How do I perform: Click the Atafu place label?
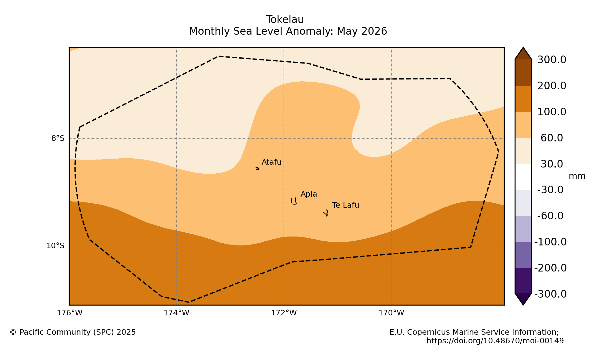pyautogui.click(x=271, y=162)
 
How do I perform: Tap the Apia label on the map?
pyautogui.click(x=309, y=194)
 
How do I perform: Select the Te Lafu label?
pyautogui.click(x=345, y=205)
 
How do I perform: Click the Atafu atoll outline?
pyautogui.click(x=257, y=168)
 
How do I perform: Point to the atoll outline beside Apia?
pyautogui.click(x=294, y=202)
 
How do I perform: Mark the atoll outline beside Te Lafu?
pyautogui.click(x=326, y=213)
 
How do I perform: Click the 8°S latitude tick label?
pyautogui.click(x=58, y=139)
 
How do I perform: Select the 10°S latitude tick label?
pyautogui.click(x=56, y=246)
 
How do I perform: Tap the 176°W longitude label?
pyautogui.click(x=70, y=313)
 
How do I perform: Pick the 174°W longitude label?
pyautogui.click(x=177, y=313)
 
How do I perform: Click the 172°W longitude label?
pyautogui.click(x=284, y=313)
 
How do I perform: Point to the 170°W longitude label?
pyautogui.click(x=391, y=313)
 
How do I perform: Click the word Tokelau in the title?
pyautogui.click(x=285, y=20)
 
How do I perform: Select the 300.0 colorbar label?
pyautogui.click(x=552, y=60)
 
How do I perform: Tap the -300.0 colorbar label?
pyautogui.click(x=550, y=294)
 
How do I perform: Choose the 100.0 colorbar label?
pyautogui.click(x=552, y=112)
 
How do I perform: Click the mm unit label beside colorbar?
pyautogui.click(x=577, y=176)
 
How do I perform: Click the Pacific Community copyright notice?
pyautogui.click(x=73, y=332)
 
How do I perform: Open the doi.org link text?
pyautogui.click(x=495, y=341)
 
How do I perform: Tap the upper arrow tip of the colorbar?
pyautogui.click(x=523, y=48)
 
